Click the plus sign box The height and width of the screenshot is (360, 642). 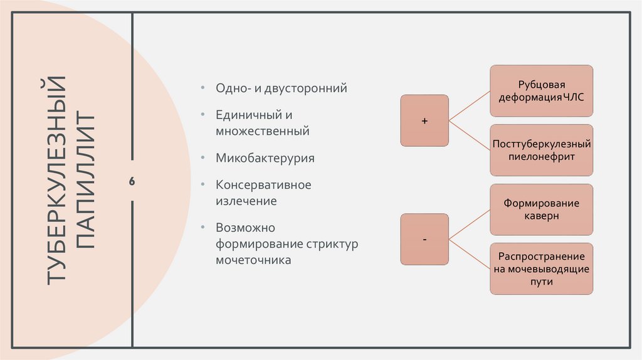[424, 120]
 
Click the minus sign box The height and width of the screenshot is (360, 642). [424, 239]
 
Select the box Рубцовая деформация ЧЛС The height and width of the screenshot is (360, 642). [542, 90]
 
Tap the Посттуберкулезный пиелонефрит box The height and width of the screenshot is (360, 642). [542, 151]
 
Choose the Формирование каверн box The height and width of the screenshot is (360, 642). [542, 209]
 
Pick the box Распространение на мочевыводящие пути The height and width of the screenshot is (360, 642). [542, 269]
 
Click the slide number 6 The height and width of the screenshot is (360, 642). [132, 181]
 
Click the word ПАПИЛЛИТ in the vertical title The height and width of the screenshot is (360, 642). [87, 181]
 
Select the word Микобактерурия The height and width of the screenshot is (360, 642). [265, 158]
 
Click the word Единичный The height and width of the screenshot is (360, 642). [245, 116]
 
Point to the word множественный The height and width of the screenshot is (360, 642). [263, 132]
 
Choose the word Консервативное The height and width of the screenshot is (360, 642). [263, 186]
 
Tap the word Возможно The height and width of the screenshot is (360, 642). [246, 228]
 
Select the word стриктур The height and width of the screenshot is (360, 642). [332, 243]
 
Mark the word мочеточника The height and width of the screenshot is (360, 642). [253, 259]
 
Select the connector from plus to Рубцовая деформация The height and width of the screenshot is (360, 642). [470, 105]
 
